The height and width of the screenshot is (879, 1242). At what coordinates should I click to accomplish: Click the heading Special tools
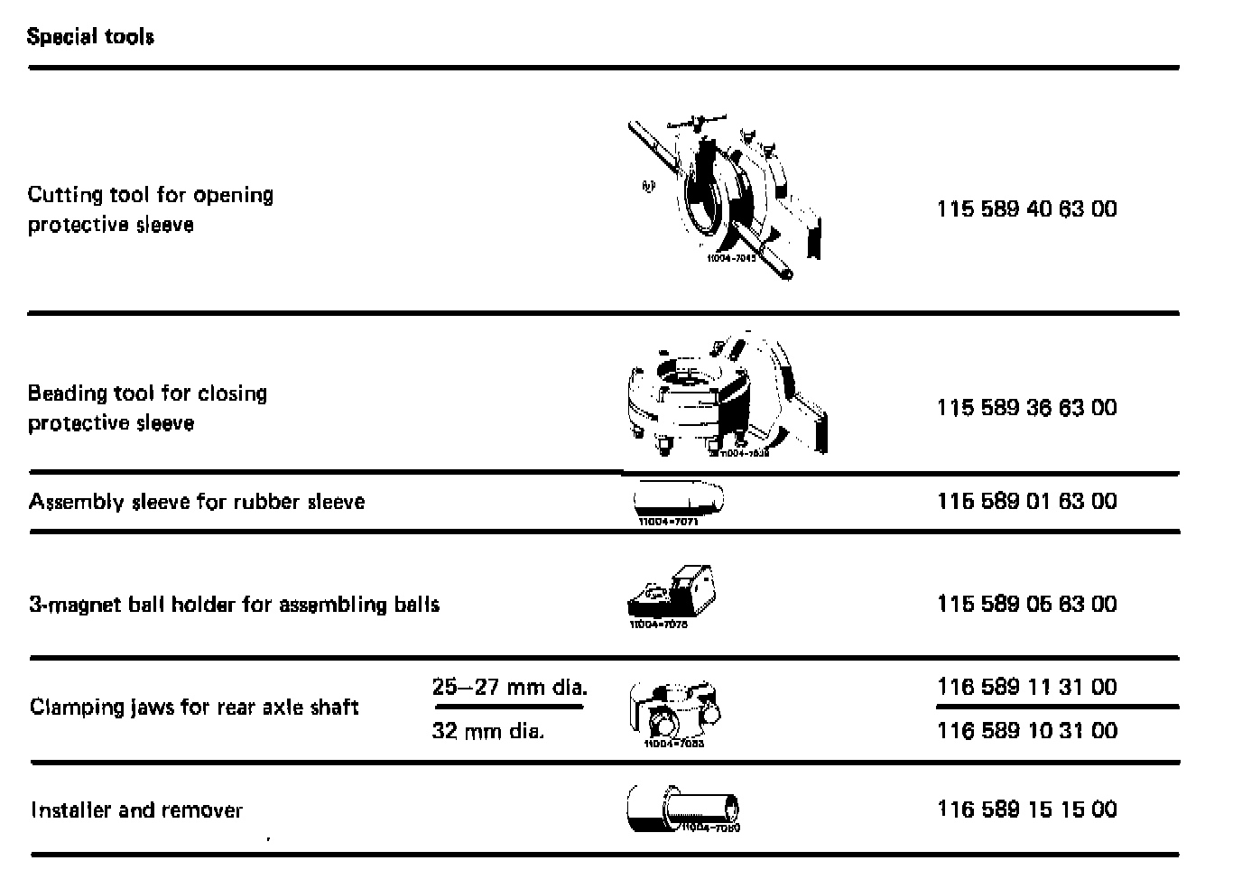[90, 37]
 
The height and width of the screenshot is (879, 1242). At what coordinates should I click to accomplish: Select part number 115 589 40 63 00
[1026, 209]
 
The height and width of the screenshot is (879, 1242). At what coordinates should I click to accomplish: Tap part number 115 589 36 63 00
[1026, 408]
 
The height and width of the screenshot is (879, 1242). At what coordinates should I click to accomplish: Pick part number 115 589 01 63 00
[1026, 502]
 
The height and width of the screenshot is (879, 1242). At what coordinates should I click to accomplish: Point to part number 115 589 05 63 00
[1026, 605]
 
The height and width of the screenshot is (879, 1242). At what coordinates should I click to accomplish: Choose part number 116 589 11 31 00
[1026, 688]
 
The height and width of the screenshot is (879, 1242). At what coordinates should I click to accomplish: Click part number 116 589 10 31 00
[1026, 731]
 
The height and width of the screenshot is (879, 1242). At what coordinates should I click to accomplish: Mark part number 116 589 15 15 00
[1026, 810]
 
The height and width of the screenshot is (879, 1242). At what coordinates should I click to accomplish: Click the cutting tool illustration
[727, 199]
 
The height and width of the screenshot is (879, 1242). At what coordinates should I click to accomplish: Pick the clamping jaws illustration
[674, 713]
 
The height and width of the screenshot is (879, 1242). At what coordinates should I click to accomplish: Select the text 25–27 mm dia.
[509, 688]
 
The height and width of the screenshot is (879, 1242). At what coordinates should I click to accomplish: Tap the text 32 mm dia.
[487, 731]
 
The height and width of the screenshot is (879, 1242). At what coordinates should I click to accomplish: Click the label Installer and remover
[136, 810]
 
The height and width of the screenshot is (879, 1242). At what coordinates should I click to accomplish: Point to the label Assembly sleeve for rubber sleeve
[197, 502]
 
